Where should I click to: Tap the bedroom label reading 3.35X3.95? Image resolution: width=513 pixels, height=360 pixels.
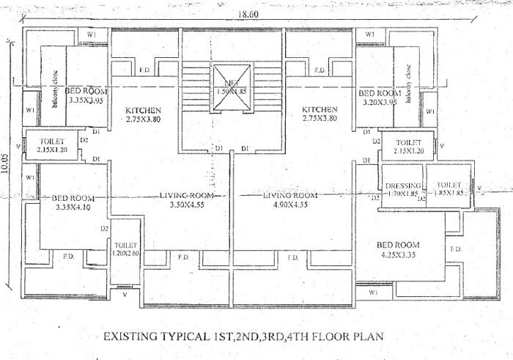coord(87,96)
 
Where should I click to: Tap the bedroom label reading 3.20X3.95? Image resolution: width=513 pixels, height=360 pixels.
coord(380,98)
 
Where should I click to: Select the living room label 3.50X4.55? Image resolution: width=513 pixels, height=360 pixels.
coord(188,201)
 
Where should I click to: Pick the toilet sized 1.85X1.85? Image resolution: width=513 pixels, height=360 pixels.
coord(448,190)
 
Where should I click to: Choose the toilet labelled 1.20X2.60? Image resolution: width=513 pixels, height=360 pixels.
coord(125,249)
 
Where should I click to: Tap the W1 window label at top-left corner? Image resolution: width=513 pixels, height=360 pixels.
coord(92,34)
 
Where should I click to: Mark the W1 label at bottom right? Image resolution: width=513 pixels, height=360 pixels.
coord(374,293)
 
